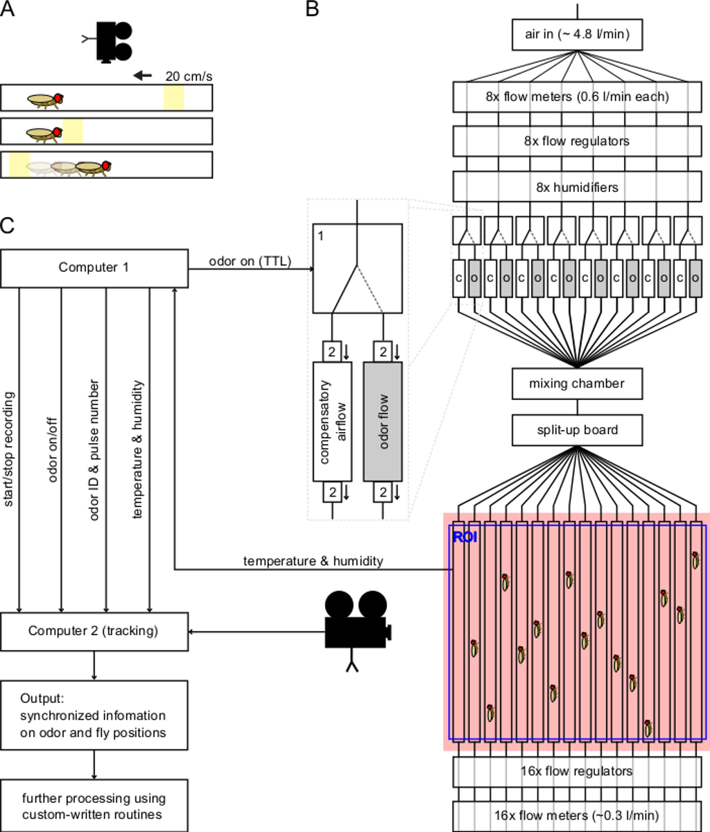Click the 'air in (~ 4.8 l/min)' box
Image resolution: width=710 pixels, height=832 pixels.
click(577, 34)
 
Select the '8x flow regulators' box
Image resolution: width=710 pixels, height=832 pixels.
click(577, 141)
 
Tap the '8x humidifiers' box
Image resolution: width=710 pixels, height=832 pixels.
click(577, 187)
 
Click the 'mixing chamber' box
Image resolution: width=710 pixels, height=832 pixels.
click(577, 383)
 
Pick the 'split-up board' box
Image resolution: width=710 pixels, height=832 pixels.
click(577, 430)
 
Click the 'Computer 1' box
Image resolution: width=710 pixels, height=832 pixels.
click(94, 268)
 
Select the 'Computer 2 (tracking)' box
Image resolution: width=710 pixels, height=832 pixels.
click(94, 631)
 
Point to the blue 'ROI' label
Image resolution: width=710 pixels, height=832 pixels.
click(465, 537)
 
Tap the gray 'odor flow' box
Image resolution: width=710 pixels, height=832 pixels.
click(383, 421)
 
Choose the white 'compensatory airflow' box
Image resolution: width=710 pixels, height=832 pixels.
click(333, 421)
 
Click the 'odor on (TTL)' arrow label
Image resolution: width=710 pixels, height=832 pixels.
click(250, 261)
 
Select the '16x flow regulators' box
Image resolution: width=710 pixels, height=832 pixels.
click(577, 771)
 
